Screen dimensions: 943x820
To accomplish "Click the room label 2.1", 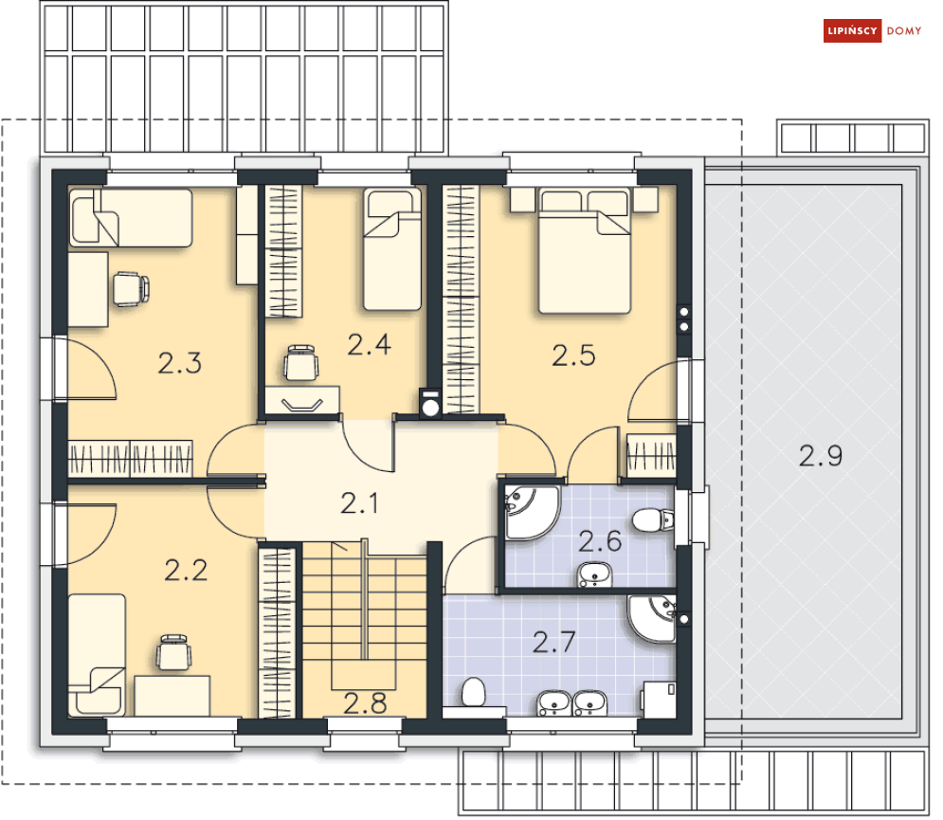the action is pos(359,503).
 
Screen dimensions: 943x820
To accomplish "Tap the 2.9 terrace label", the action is pos(821,456).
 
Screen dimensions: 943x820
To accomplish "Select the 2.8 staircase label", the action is pos(365,704).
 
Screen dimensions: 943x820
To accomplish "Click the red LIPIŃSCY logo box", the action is pos(852,30).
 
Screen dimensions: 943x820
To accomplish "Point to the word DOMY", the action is pos(904,30).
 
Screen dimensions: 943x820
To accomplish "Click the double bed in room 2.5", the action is pos(585,250).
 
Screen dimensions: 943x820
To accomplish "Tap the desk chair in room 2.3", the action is pos(131,289).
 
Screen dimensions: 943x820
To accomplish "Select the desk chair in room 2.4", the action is pos(301,363).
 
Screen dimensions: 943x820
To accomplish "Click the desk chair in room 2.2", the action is pos(174,652).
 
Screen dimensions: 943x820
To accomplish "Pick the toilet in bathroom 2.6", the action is pos(654,519).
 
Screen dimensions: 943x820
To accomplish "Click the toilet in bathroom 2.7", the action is pos(474,692).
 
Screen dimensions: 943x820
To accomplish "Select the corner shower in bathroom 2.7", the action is pos(653,618).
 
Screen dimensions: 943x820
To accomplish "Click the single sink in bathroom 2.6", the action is pos(595,574).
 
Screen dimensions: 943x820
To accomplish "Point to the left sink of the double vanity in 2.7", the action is pos(553,702).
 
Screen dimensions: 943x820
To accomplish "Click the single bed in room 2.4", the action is pos(392,249).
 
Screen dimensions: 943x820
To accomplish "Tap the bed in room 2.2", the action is pos(97,655).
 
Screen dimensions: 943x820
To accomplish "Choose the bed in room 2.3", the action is pos(131,218).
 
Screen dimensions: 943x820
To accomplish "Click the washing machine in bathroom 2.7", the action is pos(658,699).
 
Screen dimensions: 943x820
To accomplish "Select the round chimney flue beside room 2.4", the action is pos(430,408).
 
